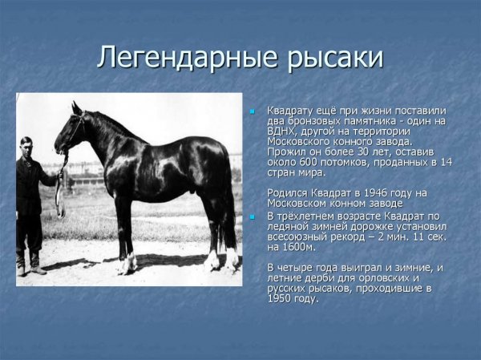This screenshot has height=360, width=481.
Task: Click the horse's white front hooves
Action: point(126,262)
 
